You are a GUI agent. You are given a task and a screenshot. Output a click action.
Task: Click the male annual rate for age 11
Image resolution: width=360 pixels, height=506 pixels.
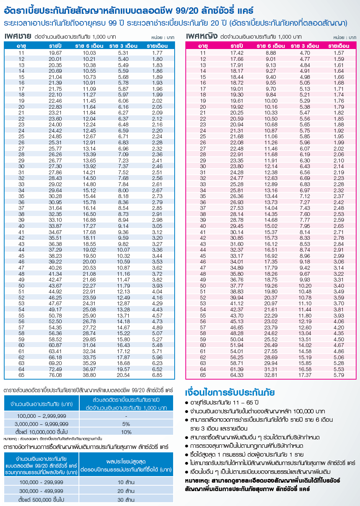[55, 53]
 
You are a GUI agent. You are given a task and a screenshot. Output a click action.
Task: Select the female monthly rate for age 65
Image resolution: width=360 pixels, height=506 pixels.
[339, 375]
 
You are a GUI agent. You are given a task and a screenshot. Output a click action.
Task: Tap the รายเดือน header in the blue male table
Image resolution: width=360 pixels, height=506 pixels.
[157, 46]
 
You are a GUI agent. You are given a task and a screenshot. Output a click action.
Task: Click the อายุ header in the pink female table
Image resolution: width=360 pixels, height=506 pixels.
[203, 46]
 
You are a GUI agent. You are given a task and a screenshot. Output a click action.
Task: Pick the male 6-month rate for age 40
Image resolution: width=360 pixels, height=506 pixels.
[89, 226]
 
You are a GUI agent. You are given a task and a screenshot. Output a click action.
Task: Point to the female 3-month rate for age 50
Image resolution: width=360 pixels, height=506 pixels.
[305, 286]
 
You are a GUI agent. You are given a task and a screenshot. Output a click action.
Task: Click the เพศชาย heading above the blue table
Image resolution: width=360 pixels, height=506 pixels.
[18, 36]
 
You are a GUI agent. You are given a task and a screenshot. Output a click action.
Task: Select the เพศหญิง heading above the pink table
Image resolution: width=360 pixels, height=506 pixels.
[202, 36]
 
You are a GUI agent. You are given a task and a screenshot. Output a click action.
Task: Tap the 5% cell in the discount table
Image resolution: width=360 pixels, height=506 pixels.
[126, 424]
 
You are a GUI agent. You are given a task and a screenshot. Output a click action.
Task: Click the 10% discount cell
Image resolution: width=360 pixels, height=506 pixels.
[126, 432]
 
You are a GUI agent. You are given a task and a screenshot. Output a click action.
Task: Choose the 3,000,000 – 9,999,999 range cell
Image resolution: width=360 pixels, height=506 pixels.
[42, 424]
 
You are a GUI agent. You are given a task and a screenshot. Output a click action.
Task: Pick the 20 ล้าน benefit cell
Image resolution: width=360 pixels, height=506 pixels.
[126, 491]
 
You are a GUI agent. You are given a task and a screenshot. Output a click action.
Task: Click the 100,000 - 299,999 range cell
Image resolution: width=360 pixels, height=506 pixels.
[42, 482]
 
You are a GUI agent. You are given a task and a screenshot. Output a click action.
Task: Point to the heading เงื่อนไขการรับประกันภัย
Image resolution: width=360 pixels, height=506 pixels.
[230, 393]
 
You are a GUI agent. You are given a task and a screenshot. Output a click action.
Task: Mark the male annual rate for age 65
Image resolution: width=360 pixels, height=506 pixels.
[55, 375]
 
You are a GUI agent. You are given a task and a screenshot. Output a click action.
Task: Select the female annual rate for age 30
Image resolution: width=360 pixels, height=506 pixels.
[237, 166]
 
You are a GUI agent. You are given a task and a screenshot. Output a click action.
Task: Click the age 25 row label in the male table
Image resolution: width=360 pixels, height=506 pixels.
[21, 136]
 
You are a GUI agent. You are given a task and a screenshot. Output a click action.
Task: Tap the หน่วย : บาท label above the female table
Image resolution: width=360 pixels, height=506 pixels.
[345, 38]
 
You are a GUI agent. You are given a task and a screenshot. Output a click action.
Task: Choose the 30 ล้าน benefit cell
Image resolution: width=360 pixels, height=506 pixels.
[126, 499]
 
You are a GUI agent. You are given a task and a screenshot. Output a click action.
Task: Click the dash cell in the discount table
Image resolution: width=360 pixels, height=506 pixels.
[126, 416]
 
